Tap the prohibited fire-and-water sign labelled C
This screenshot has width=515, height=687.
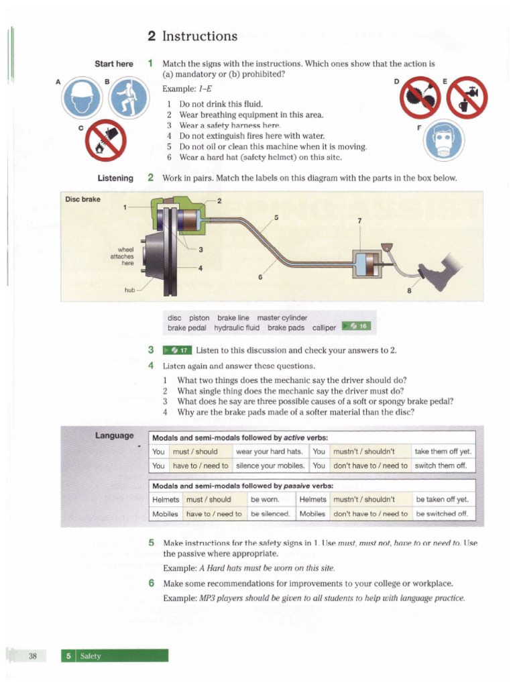point(107,144)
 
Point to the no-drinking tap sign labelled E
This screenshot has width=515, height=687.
point(467,99)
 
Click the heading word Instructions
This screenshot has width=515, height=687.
point(200,36)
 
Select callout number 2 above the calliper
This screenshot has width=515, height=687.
point(219,201)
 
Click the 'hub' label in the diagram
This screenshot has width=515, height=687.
point(129,290)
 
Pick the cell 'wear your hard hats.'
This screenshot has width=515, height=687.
point(272,452)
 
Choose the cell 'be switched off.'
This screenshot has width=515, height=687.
point(443,514)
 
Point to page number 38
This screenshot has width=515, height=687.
point(32,655)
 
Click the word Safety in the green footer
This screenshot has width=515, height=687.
point(90,655)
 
